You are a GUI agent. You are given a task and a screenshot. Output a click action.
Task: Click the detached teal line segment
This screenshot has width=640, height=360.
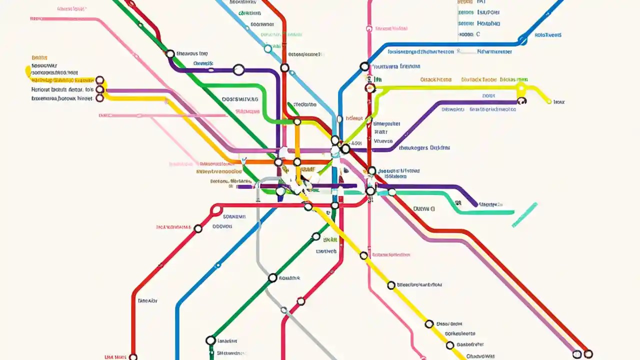524,214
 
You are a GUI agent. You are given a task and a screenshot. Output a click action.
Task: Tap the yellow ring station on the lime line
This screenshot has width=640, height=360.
521,87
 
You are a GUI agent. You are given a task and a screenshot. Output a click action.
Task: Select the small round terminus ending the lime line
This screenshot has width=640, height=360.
549,101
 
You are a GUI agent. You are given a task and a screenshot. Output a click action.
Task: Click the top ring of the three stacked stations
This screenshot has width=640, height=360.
99,80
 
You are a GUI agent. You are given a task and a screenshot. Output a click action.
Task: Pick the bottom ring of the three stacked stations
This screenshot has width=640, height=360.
99,98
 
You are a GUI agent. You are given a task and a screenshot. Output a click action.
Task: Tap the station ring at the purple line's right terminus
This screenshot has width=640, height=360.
522,100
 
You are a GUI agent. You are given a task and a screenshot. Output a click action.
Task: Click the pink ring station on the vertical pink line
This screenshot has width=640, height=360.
369,28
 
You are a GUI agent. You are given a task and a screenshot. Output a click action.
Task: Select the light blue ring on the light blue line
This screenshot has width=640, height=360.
268,48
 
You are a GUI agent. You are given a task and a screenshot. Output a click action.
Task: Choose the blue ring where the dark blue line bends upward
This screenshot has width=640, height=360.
522,40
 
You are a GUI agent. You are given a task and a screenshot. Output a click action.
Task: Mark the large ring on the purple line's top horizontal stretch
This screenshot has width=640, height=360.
239,70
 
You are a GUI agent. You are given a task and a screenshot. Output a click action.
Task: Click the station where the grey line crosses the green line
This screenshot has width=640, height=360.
272,277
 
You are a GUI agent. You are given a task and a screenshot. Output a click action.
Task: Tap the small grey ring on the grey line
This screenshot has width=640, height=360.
283,310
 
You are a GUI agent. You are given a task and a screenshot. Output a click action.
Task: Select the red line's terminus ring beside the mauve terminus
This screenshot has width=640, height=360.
588,354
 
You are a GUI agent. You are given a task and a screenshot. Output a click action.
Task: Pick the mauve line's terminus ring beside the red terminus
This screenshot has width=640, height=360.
577,354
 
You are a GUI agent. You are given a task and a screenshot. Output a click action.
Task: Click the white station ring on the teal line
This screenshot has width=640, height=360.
392,192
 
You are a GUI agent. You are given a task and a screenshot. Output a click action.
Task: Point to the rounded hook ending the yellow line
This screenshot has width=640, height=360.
28,72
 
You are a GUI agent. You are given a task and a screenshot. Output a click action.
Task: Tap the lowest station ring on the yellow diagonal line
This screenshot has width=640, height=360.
450,345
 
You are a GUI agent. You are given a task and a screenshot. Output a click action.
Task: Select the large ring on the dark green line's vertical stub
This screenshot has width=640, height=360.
210,340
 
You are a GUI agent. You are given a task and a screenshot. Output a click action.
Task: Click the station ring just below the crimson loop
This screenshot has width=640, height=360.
198,229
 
